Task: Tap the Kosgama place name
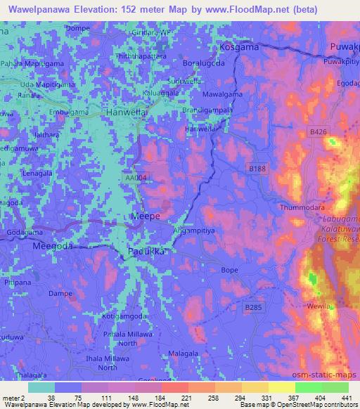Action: (x=239, y=47)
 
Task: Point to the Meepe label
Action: (x=147, y=217)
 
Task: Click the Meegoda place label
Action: (x=54, y=247)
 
